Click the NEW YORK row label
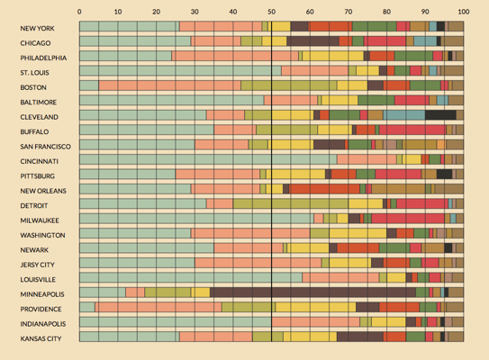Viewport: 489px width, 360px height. (37, 29)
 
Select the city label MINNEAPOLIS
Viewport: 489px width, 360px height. (42, 294)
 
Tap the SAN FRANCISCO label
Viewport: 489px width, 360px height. (45, 147)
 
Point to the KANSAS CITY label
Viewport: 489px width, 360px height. (41, 338)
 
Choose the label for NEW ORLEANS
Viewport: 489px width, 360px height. (43, 191)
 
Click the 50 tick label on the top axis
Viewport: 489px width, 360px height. (271, 12)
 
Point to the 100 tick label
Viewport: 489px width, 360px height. (464, 12)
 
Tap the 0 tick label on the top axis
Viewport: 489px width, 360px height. (79, 12)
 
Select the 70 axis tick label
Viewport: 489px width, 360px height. (348, 12)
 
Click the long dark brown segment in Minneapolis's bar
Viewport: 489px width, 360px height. (312, 292)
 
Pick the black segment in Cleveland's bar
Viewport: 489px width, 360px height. (440, 115)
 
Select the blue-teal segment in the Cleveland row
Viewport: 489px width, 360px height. (403, 115)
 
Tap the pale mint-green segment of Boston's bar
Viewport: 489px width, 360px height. (89, 85)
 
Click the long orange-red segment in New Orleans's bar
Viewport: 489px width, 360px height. (324, 189)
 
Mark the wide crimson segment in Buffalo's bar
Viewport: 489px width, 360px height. (412, 130)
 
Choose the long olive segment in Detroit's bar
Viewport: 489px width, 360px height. (291, 203)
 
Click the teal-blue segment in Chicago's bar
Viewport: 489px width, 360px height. (425, 41)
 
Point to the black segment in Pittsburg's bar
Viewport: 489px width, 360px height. (444, 174)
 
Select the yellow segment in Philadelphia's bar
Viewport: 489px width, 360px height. (333, 56)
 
